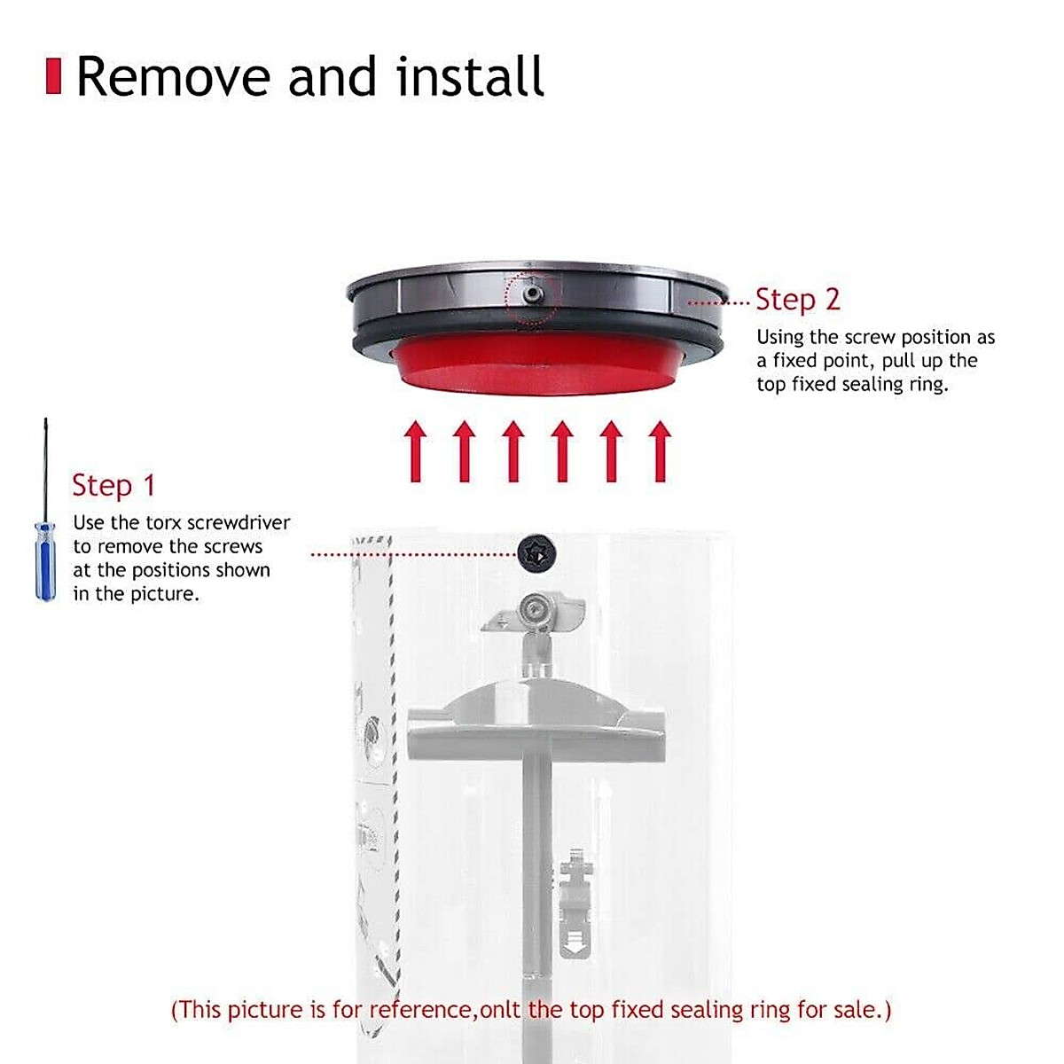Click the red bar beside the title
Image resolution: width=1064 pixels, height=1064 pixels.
click(53, 76)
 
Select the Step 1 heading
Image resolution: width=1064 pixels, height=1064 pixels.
click(113, 486)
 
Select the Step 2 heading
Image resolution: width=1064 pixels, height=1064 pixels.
click(797, 300)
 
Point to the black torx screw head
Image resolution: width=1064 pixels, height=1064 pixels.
click(534, 554)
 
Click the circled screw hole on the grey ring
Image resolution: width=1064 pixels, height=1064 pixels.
click(531, 296)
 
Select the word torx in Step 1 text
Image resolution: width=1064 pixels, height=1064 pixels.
click(164, 523)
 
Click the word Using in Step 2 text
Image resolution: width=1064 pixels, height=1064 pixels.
click(779, 338)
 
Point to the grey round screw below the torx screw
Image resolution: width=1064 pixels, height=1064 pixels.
click(534, 607)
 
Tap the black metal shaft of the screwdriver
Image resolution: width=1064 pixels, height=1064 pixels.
click(45, 470)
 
